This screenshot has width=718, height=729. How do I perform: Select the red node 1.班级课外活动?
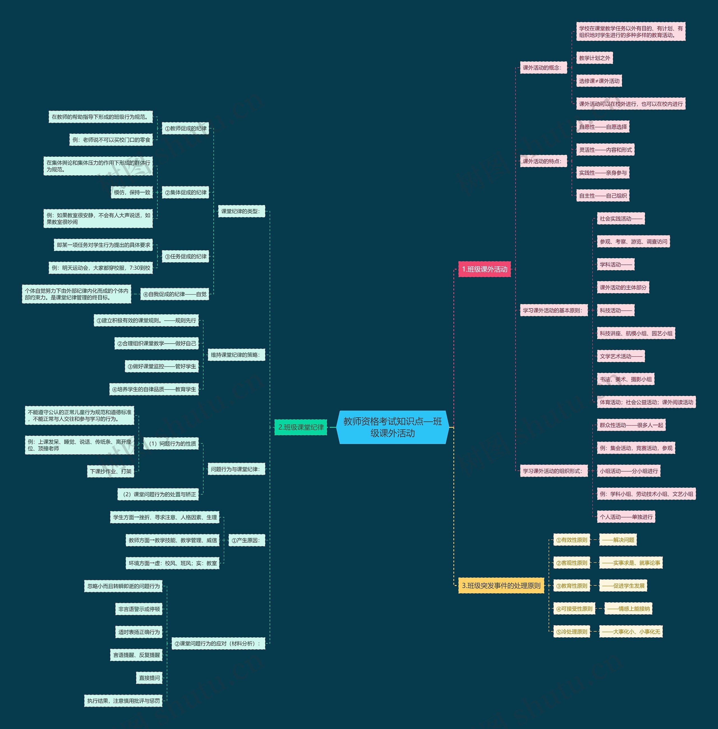(485, 269)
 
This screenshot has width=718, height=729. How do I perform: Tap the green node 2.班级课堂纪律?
(301, 427)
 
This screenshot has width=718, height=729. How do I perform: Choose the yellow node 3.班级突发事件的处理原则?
(501, 586)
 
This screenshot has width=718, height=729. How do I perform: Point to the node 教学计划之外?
(594, 58)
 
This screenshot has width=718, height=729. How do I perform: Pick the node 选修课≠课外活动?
(599, 81)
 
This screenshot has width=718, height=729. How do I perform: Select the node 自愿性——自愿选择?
(603, 127)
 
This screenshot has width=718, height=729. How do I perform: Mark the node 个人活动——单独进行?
(626, 517)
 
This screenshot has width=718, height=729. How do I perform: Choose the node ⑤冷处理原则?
(572, 632)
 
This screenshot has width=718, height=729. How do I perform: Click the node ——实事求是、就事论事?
(631, 563)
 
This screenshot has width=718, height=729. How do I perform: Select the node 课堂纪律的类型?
(241, 211)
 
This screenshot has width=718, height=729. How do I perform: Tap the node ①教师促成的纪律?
(186, 128)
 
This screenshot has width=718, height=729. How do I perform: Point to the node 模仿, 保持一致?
(132, 193)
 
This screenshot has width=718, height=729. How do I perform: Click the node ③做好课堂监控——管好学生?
(162, 367)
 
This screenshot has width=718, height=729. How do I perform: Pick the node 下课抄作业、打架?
(111, 472)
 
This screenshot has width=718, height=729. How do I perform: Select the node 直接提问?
(149, 678)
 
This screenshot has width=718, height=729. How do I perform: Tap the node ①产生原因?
(246, 541)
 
